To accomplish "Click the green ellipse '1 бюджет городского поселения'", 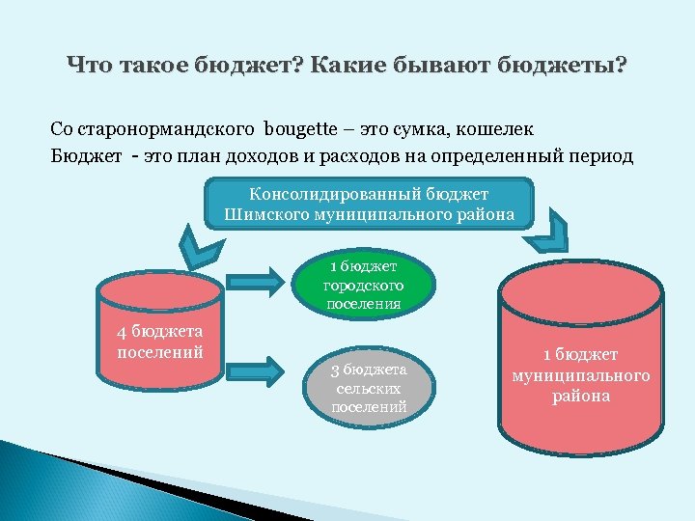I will [364, 286].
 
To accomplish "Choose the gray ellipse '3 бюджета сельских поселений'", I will [368, 388].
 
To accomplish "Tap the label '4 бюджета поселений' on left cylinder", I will [160, 342].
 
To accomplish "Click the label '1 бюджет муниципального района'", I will [581, 375].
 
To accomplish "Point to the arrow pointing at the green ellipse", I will [255, 282].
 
